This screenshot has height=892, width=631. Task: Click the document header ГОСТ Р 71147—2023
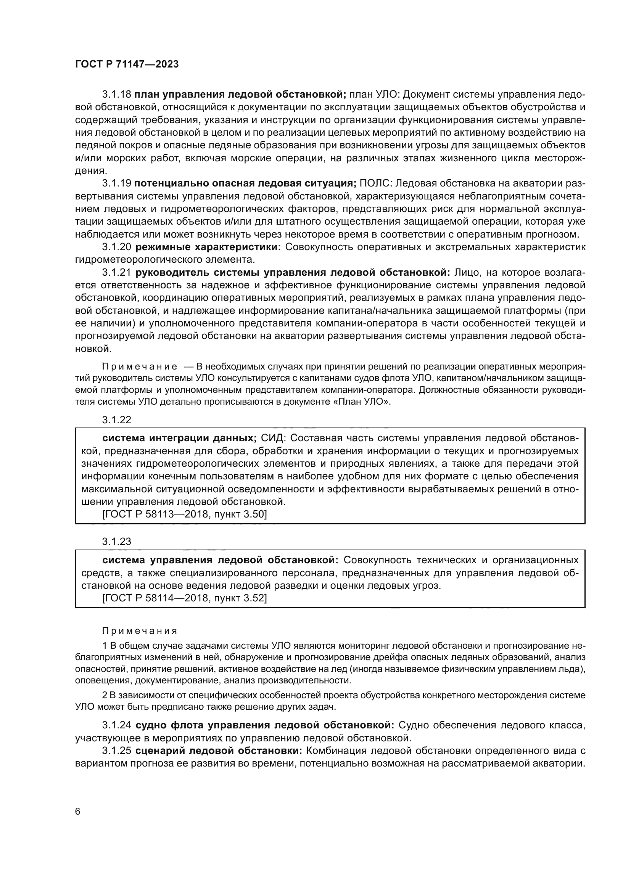coord(127,64)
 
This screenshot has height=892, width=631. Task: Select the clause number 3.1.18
coord(117,95)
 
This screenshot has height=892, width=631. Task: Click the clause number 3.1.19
coord(117,183)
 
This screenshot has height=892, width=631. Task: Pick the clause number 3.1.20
coord(117,247)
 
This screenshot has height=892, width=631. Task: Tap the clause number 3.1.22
coord(117,419)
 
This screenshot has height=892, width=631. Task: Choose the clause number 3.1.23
coord(117,541)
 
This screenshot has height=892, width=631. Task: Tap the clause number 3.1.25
coord(117,751)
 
